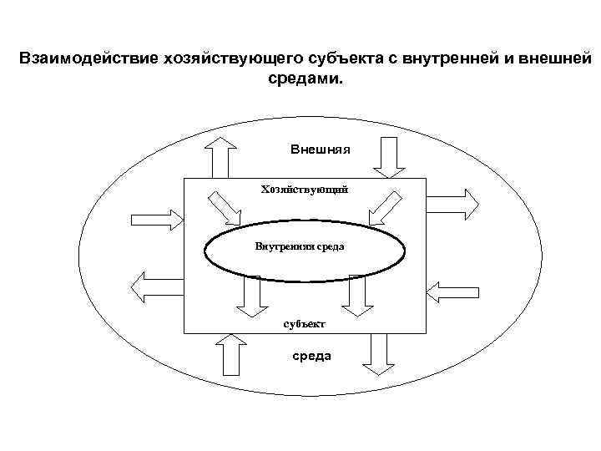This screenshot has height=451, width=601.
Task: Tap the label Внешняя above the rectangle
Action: pyautogui.click(x=320, y=150)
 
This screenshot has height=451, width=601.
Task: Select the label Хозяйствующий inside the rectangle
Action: pyautogui.click(x=305, y=190)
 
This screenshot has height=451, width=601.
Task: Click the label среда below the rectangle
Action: pyautogui.click(x=311, y=356)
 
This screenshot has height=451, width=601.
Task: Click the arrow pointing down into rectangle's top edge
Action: pyautogui.click(x=389, y=157)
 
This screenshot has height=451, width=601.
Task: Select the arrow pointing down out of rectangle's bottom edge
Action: pyautogui.click(x=380, y=352)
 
